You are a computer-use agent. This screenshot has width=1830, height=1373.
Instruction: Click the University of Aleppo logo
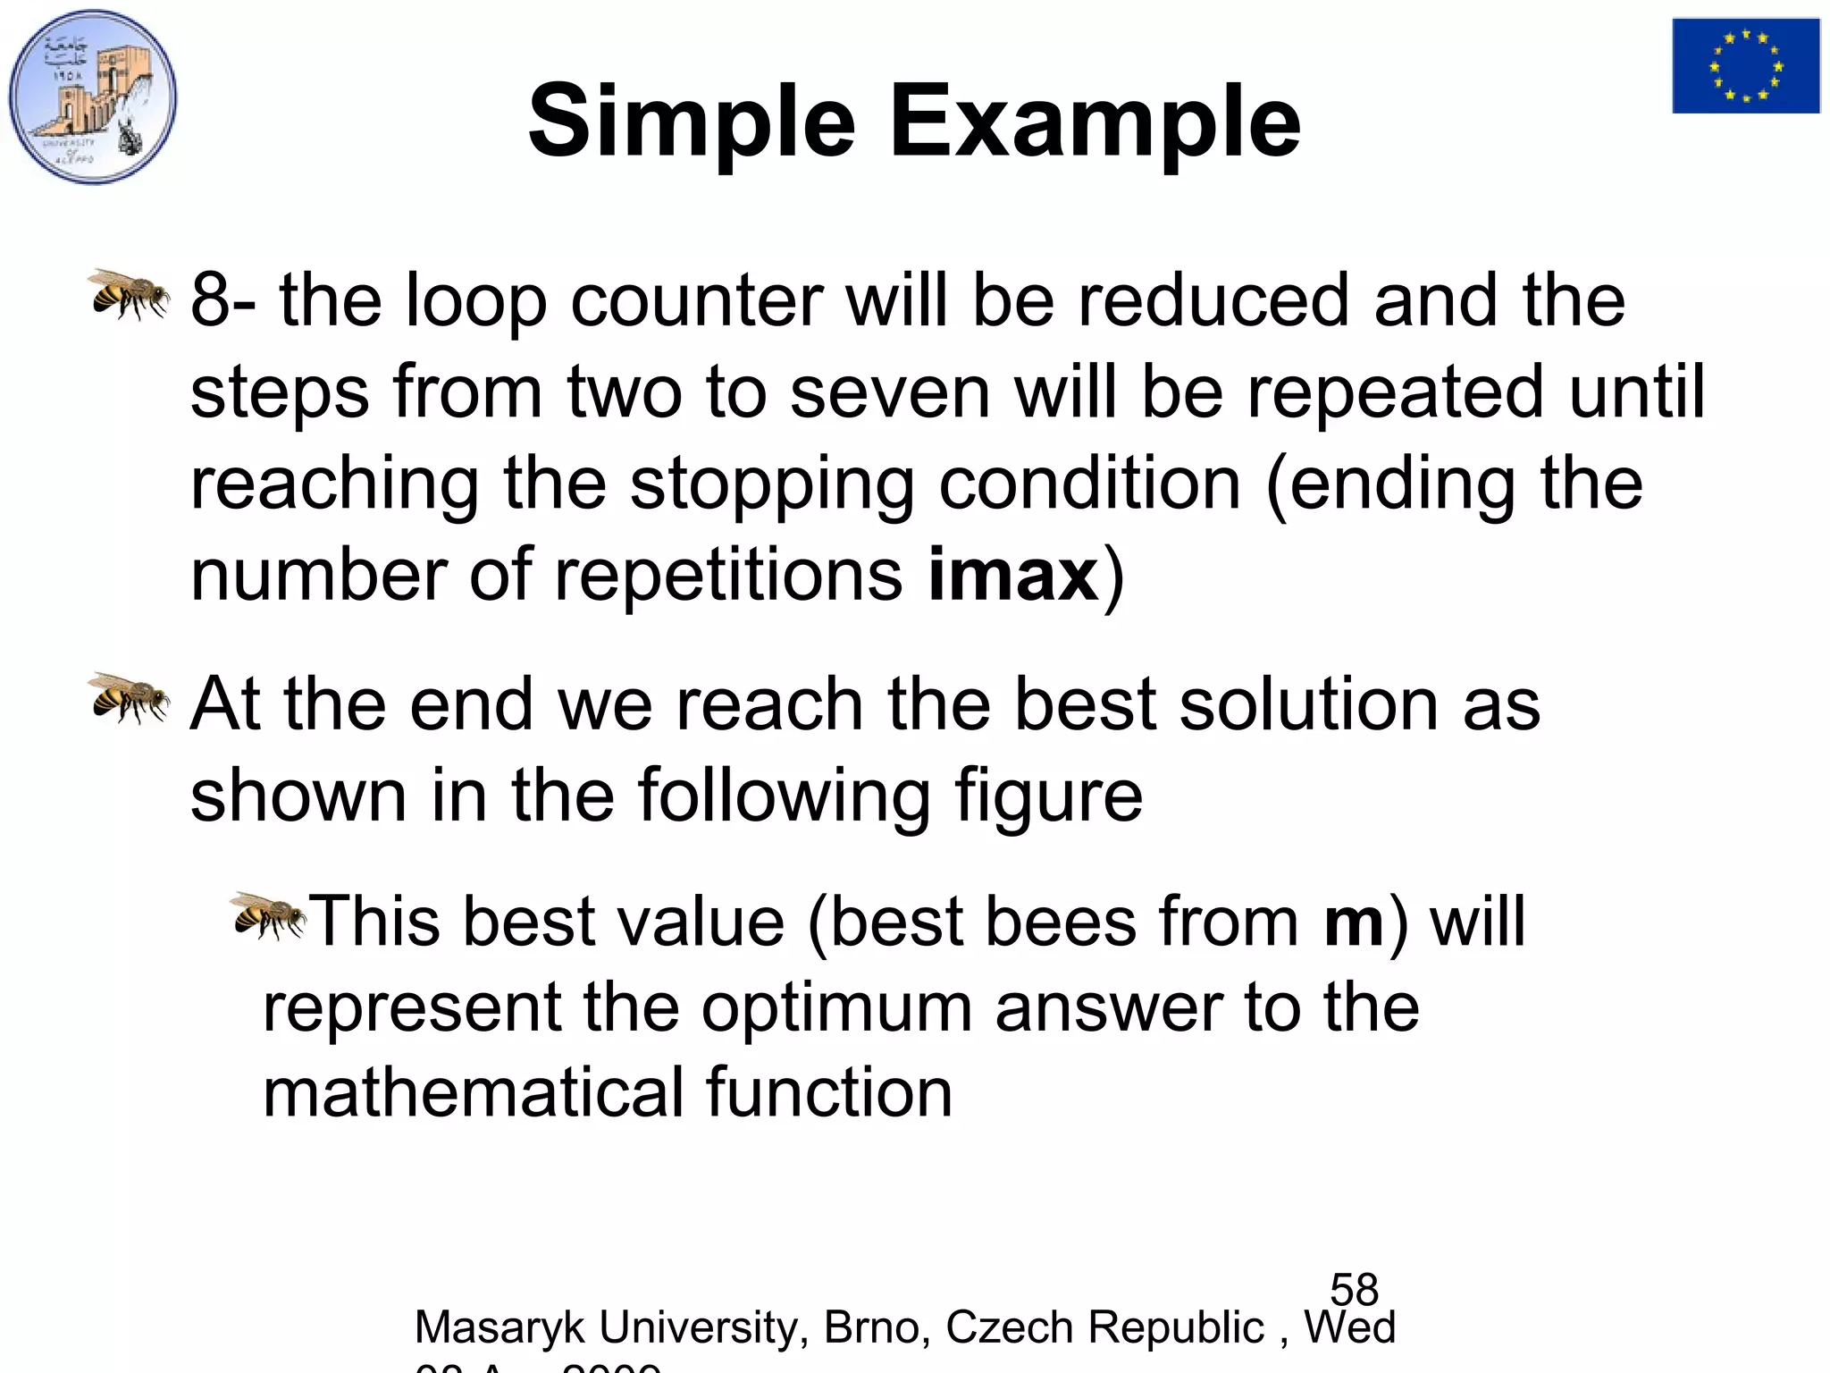click(93, 97)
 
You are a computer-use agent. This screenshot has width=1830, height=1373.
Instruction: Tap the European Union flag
click(1745, 66)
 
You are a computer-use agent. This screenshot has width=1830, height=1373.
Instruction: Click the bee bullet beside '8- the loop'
click(129, 294)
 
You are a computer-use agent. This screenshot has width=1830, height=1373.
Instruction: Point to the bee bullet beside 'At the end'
click(129, 697)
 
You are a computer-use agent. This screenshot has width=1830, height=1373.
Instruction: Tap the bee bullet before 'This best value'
click(268, 915)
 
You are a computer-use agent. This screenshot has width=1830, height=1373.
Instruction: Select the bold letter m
click(1354, 922)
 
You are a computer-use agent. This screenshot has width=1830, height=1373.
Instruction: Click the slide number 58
click(1354, 1290)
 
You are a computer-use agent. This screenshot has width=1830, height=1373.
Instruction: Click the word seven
click(890, 393)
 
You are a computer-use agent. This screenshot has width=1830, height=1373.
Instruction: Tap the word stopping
click(772, 485)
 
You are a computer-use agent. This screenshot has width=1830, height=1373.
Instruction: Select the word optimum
click(836, 1008)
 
